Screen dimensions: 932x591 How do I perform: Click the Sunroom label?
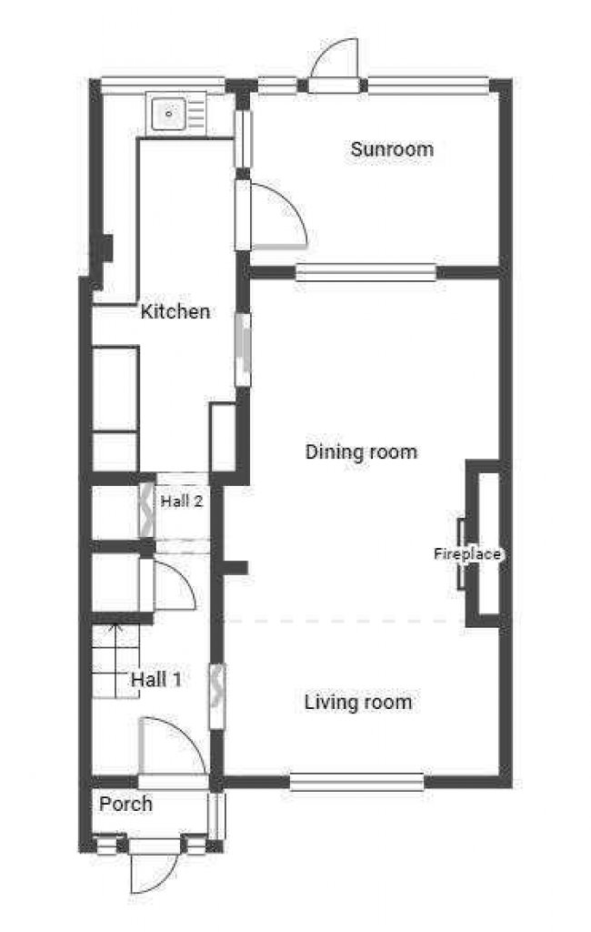392,149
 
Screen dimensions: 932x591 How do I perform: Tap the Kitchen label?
175,312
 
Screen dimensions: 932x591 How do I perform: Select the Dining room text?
361,451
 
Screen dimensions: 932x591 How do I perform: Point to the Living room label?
357,702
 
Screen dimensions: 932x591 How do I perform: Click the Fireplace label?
467,553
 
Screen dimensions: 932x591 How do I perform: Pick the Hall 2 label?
181,501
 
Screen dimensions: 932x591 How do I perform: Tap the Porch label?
125,804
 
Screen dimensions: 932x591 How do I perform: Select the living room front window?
356,781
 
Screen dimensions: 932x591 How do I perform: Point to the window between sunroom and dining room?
366,271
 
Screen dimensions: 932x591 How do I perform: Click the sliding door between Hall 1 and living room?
217,696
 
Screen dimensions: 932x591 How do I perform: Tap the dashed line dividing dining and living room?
346,621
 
